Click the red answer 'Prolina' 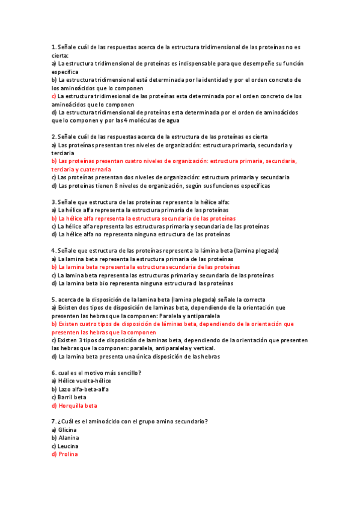[x=69, y=455]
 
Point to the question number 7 [x=53, y=422]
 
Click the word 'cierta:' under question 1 [x=61, y=55]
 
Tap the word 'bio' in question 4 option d [x=93, y=283]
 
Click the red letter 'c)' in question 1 [x=54, y=96]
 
